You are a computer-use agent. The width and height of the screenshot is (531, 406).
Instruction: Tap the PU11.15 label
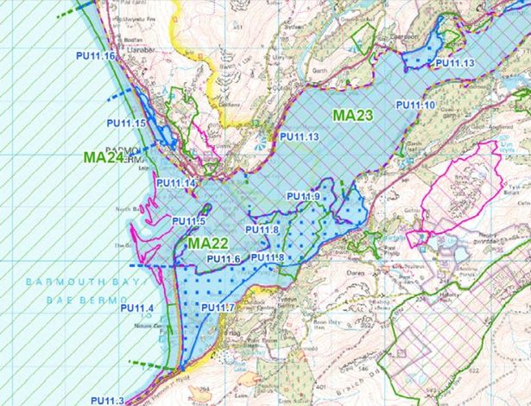tap(126, 124)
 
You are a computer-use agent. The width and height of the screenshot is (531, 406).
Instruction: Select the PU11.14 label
tap(176, 183)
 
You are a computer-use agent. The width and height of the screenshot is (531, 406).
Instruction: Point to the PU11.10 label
tap(416, 105)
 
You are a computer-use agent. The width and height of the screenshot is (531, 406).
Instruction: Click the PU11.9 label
tap(304, 198)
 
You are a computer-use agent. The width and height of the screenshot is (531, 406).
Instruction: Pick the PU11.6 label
tap(223, 258)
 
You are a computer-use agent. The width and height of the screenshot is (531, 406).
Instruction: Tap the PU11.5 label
tap(188, 221)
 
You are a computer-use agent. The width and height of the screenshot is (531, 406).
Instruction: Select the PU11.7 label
tap(218, 308)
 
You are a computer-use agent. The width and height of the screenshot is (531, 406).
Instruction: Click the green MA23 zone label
tap(353, 113)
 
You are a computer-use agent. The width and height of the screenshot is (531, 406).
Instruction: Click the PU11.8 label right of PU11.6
tap(269, 257)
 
